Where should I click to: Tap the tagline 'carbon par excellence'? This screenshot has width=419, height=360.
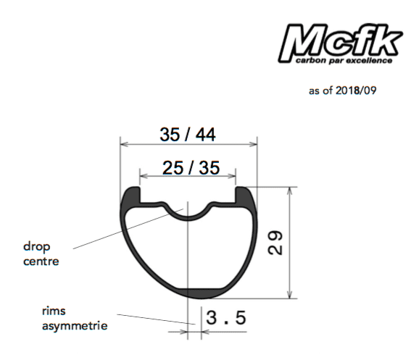coord(344,61)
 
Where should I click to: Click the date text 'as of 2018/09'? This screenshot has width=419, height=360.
coord(343,91)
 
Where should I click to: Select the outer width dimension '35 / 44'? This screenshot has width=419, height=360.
coord(188,134)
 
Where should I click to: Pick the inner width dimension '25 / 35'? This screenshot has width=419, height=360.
coord(191,168)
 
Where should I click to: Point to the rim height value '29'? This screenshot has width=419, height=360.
coord(275,243)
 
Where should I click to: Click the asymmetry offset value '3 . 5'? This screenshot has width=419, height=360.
coord(225,317)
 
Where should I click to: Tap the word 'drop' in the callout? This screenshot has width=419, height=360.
coord(37,247)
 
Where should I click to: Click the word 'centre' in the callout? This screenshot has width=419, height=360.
coord(41,261)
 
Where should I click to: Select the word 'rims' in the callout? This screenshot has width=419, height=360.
coord(54,311)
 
